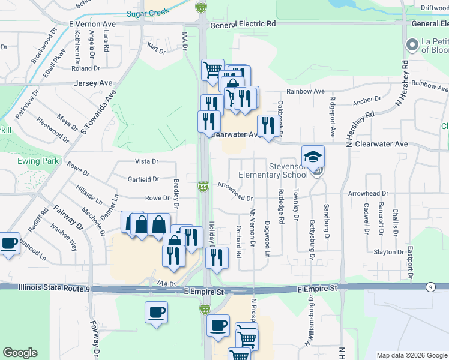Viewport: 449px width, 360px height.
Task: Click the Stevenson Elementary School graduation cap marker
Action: (313, 157)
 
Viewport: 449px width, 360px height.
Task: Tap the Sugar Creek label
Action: (146, 13)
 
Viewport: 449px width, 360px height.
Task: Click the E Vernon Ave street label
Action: (92, 24)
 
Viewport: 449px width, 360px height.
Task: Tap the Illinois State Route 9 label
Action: (53, 289)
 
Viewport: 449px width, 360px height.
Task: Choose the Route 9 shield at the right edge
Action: (431, 288)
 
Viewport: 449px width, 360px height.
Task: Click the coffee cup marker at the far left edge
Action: (8, 244)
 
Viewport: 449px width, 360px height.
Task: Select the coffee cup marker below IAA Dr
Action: (156, 312)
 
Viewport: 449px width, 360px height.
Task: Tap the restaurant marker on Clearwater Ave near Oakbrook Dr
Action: (267, 125)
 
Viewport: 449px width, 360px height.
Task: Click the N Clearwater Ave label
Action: (380, 145)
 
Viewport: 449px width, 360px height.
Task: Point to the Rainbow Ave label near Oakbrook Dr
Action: (305, 91)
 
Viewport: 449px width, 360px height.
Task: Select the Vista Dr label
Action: (146, 161)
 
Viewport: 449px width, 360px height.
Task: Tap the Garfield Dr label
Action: (143, 179)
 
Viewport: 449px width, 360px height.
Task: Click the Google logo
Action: (20, 352)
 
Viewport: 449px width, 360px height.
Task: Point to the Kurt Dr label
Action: (157, 49)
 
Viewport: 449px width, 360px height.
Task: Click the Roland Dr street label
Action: (82, 68)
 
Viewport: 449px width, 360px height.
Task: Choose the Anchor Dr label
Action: (367, 101)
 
